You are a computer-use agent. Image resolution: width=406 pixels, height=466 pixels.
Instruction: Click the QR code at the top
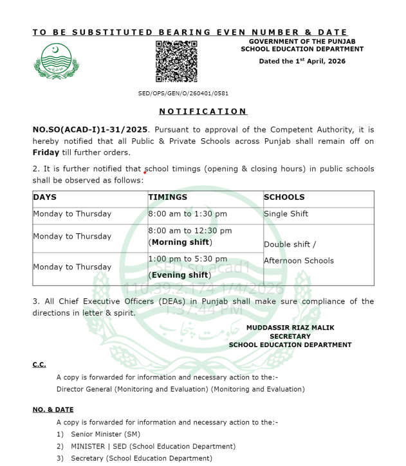click(x=176, y=61)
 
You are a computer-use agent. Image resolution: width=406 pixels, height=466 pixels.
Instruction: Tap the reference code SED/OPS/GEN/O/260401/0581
click(x=183, y=93)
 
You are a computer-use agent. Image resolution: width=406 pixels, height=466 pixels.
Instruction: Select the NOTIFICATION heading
click(x=203, y=111)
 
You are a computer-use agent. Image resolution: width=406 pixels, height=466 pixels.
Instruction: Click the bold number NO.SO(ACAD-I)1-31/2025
click(x=90, y=129)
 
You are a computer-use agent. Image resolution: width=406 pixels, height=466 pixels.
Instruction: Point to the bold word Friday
click(x=46, y=152)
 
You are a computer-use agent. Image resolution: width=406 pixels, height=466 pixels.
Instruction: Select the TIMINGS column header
click(x=168, y=197)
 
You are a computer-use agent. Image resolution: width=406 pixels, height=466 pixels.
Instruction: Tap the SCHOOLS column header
click(x=284, y=197)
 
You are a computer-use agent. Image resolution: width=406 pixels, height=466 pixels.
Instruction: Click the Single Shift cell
click(x=286, y=214)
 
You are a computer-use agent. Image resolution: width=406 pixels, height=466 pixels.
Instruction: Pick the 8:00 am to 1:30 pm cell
click(x=187, y=214)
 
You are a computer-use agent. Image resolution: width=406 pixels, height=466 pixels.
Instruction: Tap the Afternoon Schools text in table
click(x=299, y=261)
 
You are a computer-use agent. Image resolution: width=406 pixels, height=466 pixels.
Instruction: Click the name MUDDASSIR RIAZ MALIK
click(x=290, y=327)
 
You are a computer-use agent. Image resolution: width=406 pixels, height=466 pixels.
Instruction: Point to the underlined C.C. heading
click(x=39, y=364)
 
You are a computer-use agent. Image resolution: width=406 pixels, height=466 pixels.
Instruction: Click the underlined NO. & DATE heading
click(x=53, y=409)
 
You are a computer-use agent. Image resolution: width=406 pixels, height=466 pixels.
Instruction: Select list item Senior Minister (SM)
click(x=106, y=434)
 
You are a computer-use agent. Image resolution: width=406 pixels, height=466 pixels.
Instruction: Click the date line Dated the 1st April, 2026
click(x=302, y=61)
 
